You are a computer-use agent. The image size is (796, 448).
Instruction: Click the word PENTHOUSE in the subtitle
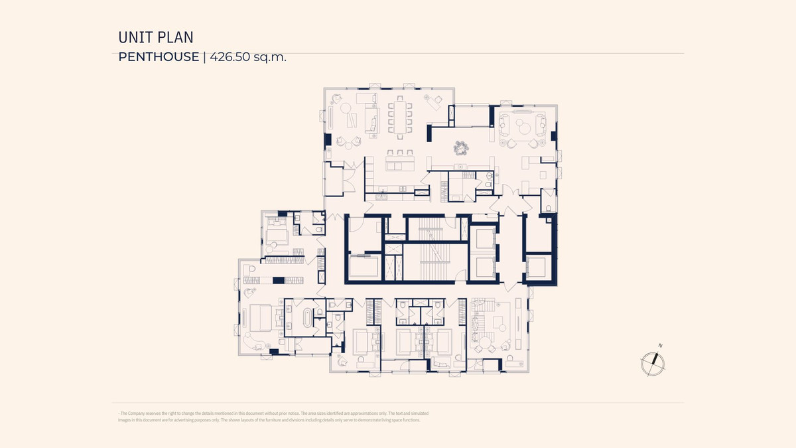click(159, 57)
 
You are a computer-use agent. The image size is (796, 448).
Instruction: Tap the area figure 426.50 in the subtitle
click(230, 57)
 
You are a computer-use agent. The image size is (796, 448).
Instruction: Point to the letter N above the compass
click(660, 346)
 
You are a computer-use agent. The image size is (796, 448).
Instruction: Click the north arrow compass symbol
click(653, 364)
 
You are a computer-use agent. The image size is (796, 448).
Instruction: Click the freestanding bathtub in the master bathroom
click(307, 317)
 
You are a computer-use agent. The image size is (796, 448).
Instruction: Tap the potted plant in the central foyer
click(461, 148)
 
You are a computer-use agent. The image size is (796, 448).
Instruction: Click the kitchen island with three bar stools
click(400, 163)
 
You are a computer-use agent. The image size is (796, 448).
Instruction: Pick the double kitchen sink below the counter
click(382, 196)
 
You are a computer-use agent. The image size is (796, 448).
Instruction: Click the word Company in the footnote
click(136, 413)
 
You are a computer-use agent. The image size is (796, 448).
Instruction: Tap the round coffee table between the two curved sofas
click(525, 128)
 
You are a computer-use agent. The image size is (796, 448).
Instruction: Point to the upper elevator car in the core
click(484, 238)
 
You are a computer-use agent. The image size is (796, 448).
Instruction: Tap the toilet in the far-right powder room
click(549, 208)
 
